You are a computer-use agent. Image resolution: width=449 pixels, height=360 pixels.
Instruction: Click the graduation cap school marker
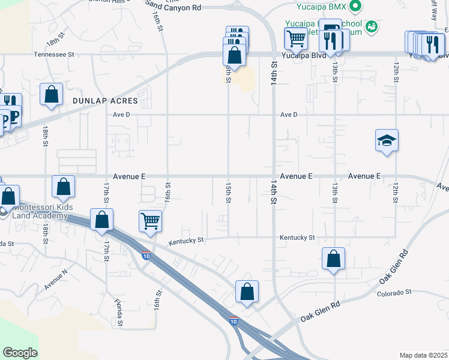tap(387, 140)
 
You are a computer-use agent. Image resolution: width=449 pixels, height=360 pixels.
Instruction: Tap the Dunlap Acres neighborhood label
tap(106, 101)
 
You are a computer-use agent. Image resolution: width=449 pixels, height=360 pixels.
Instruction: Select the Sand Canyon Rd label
tap(173, 8)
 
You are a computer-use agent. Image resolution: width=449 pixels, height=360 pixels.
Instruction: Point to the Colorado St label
tap(393, 293)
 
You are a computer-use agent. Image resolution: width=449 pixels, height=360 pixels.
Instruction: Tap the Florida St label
tap(120, 315)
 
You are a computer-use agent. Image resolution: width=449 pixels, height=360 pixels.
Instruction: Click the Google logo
tap(20, 352)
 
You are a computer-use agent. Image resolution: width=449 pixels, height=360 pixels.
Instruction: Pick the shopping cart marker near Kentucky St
tap(150, 220)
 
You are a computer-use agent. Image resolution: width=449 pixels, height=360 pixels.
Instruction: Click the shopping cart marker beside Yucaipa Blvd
tap(295, 38)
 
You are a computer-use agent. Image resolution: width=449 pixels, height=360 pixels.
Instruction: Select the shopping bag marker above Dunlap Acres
tap(52, 94)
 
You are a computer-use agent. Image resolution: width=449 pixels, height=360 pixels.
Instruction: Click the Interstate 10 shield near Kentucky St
tap(146, 256)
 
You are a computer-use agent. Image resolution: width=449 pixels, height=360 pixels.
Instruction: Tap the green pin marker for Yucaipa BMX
tap(355, 7)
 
